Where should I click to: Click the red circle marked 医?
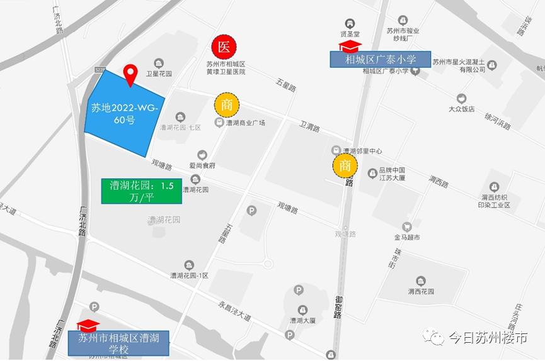click(x=224, y=47)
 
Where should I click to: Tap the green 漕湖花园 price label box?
click(x=142, y=191)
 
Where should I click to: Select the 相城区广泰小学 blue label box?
click(x=381, y=60)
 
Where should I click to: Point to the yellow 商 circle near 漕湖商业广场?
click(x=226, y=105)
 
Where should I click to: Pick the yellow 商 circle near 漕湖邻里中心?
click(x=345, y=166)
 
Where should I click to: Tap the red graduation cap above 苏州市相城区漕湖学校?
click(x=88, y=325)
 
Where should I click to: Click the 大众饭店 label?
click(x=461, y=109)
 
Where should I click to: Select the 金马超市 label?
click(x=407, y=238)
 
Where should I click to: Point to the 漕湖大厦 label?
click(x=302, y=320)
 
